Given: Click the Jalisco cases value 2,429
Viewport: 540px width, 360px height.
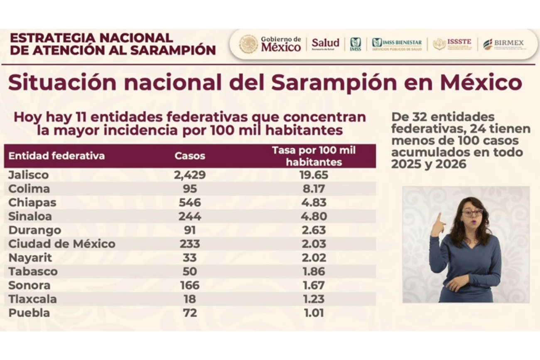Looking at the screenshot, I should [x=190, y=175].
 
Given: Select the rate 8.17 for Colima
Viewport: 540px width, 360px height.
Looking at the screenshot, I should [x=314, y=189].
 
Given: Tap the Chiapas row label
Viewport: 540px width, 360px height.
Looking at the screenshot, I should [x=32, y=203].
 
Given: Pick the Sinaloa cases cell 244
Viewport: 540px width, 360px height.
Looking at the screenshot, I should [x=190, y=216].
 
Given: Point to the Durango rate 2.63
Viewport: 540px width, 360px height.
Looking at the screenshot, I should [x=314, y=230].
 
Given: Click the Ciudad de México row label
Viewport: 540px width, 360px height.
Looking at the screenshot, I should [x=62, y=244].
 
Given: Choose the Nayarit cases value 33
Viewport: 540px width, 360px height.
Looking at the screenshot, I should [x=190, y=258].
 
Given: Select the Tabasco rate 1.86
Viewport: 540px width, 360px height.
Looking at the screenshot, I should [x=314, y=272].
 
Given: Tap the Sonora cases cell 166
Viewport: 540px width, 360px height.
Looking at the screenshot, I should [x=190, y=285].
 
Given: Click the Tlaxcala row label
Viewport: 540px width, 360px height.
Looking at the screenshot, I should [x=32, y=299].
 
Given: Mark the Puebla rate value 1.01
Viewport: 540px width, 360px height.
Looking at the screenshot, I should [x=314, y=313].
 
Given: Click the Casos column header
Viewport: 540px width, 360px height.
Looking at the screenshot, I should [x=190, y=156].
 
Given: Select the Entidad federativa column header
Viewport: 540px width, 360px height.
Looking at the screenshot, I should [x=56, y=156].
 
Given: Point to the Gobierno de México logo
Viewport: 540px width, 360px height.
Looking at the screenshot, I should [x=270, y=44].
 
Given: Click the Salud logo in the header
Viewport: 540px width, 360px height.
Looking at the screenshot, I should [x=325, y=43].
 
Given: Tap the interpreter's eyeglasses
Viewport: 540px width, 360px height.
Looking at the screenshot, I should [x=472, y=213].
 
